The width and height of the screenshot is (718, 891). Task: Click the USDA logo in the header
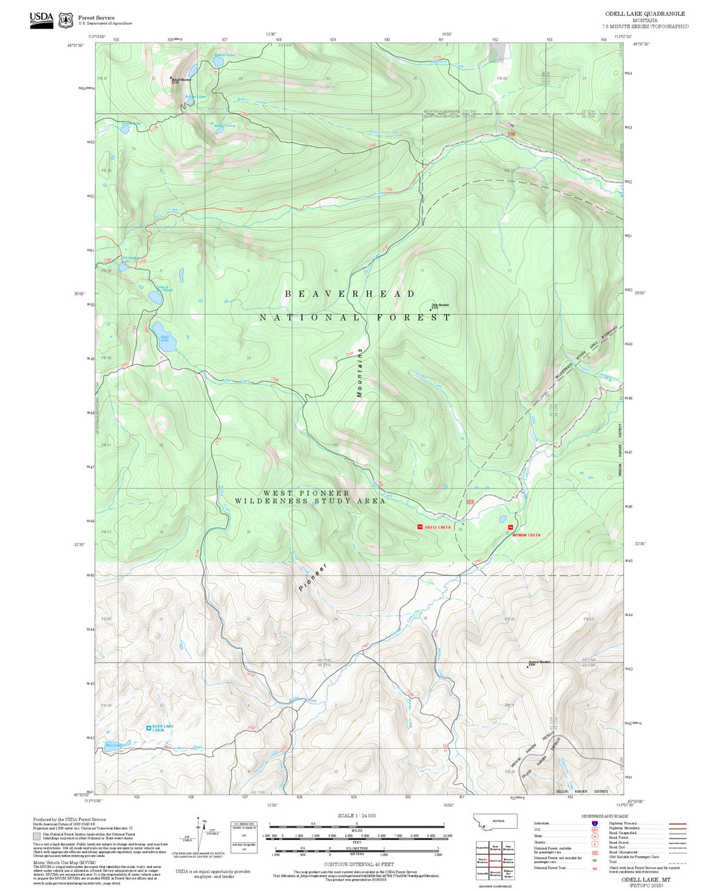pos(41,20)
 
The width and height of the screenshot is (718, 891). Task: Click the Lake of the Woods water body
pos(156,298)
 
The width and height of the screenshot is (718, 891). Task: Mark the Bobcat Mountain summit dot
pos(172,78)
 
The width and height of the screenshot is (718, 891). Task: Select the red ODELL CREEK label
pos(437,527)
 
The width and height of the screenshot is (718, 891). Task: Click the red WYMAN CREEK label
pos(526,535)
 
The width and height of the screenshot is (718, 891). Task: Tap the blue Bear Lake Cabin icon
pos(149,727)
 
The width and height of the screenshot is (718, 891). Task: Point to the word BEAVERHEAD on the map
pos(350,294)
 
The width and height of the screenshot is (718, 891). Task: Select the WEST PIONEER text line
pos(306,493)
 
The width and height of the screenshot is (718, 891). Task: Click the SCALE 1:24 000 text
pos(356,815)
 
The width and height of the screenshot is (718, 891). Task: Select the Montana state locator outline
pos(494,822)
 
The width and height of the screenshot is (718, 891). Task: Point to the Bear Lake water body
pos(115,744)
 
